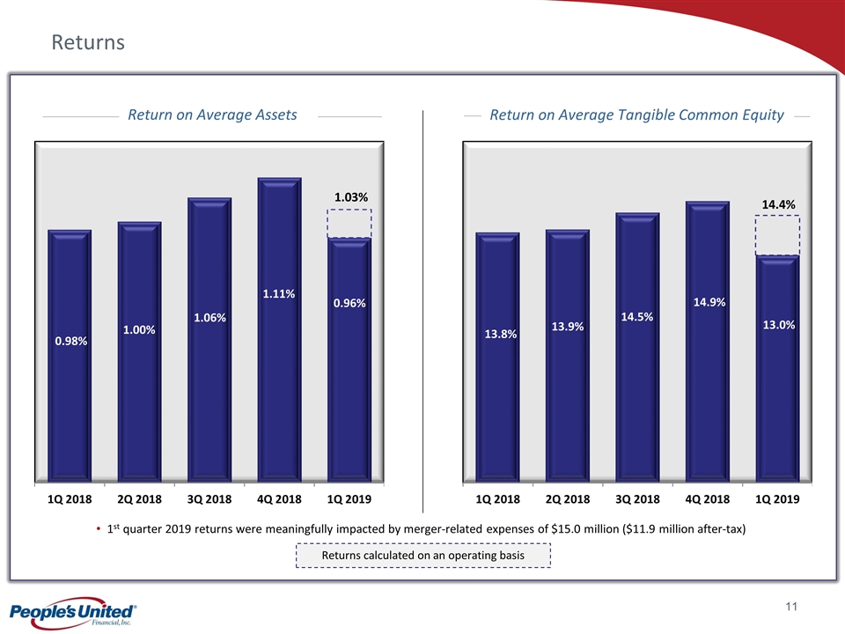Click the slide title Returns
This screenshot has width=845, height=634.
pyautogui.click(x=88, y=41)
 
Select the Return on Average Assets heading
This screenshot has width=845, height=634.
pyautogui.click(x=212, y=114)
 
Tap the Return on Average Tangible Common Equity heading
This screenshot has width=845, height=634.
pyautogui.click(x=636, y=114)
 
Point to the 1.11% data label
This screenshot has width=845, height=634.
pyautogui.click(x=278, y=294)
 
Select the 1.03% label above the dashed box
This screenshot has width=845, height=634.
pyautogui.click(x=351, y=198)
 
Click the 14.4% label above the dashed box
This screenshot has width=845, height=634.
pyautogui.click(x=778, y=204)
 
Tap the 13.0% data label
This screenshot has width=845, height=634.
pyautogui.click(x=779, y=325)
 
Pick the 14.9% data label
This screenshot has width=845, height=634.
pyautogui.click(x=709, y=302)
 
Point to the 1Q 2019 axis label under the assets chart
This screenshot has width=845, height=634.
pyautogui.click(x=349, y=498)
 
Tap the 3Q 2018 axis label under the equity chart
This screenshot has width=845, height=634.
pyautogui.click(x=637, y=499)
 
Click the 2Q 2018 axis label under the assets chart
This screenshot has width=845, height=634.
pyautogui.click(x=139, y=498)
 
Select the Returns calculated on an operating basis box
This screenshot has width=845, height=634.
pyautogui.click(x=422, y=555)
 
